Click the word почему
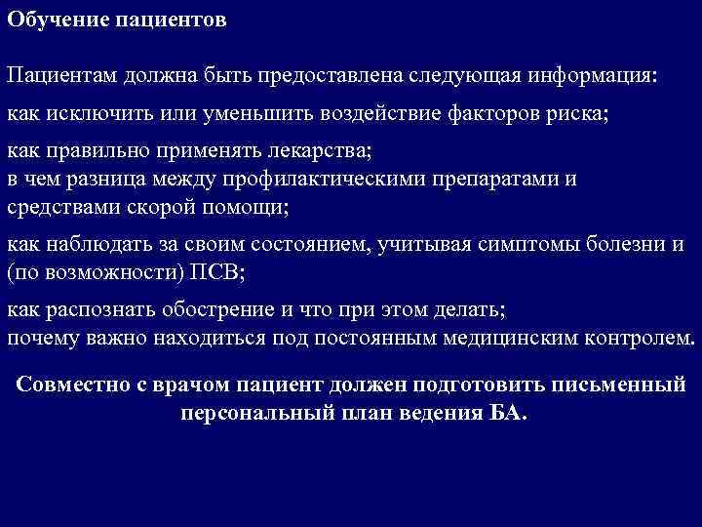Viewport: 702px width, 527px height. [41, 338]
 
